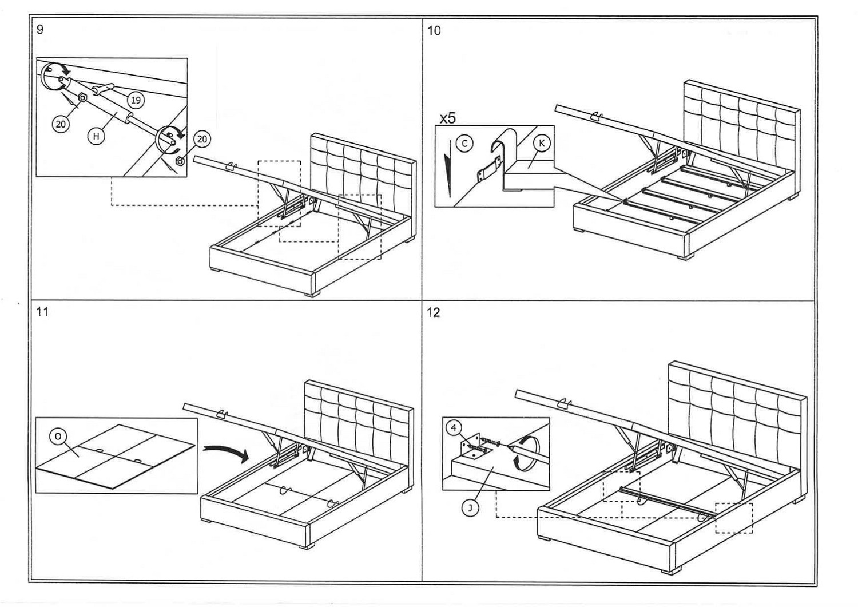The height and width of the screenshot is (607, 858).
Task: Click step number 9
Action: pos(39,29)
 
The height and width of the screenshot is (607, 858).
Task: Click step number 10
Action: pos(434,30)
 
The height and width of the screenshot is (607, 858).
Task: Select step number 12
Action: pos(434,312)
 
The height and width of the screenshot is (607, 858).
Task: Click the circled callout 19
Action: pos(136,101)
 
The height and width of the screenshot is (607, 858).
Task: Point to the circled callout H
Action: pos(96,136)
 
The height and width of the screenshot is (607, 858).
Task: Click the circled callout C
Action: pos(464,144)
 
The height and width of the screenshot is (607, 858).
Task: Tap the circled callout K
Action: pos(541,143)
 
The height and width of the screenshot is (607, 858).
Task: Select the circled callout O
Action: pos(57,437)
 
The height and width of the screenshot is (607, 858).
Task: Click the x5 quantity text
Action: pos(447,118)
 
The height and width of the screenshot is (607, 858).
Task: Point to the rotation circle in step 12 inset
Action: pos(524,451)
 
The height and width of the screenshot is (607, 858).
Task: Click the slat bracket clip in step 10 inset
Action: pos(488,169)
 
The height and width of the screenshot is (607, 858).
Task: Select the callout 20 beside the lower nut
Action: pos(202,138)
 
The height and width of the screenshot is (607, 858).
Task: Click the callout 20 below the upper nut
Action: pos(61,124)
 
